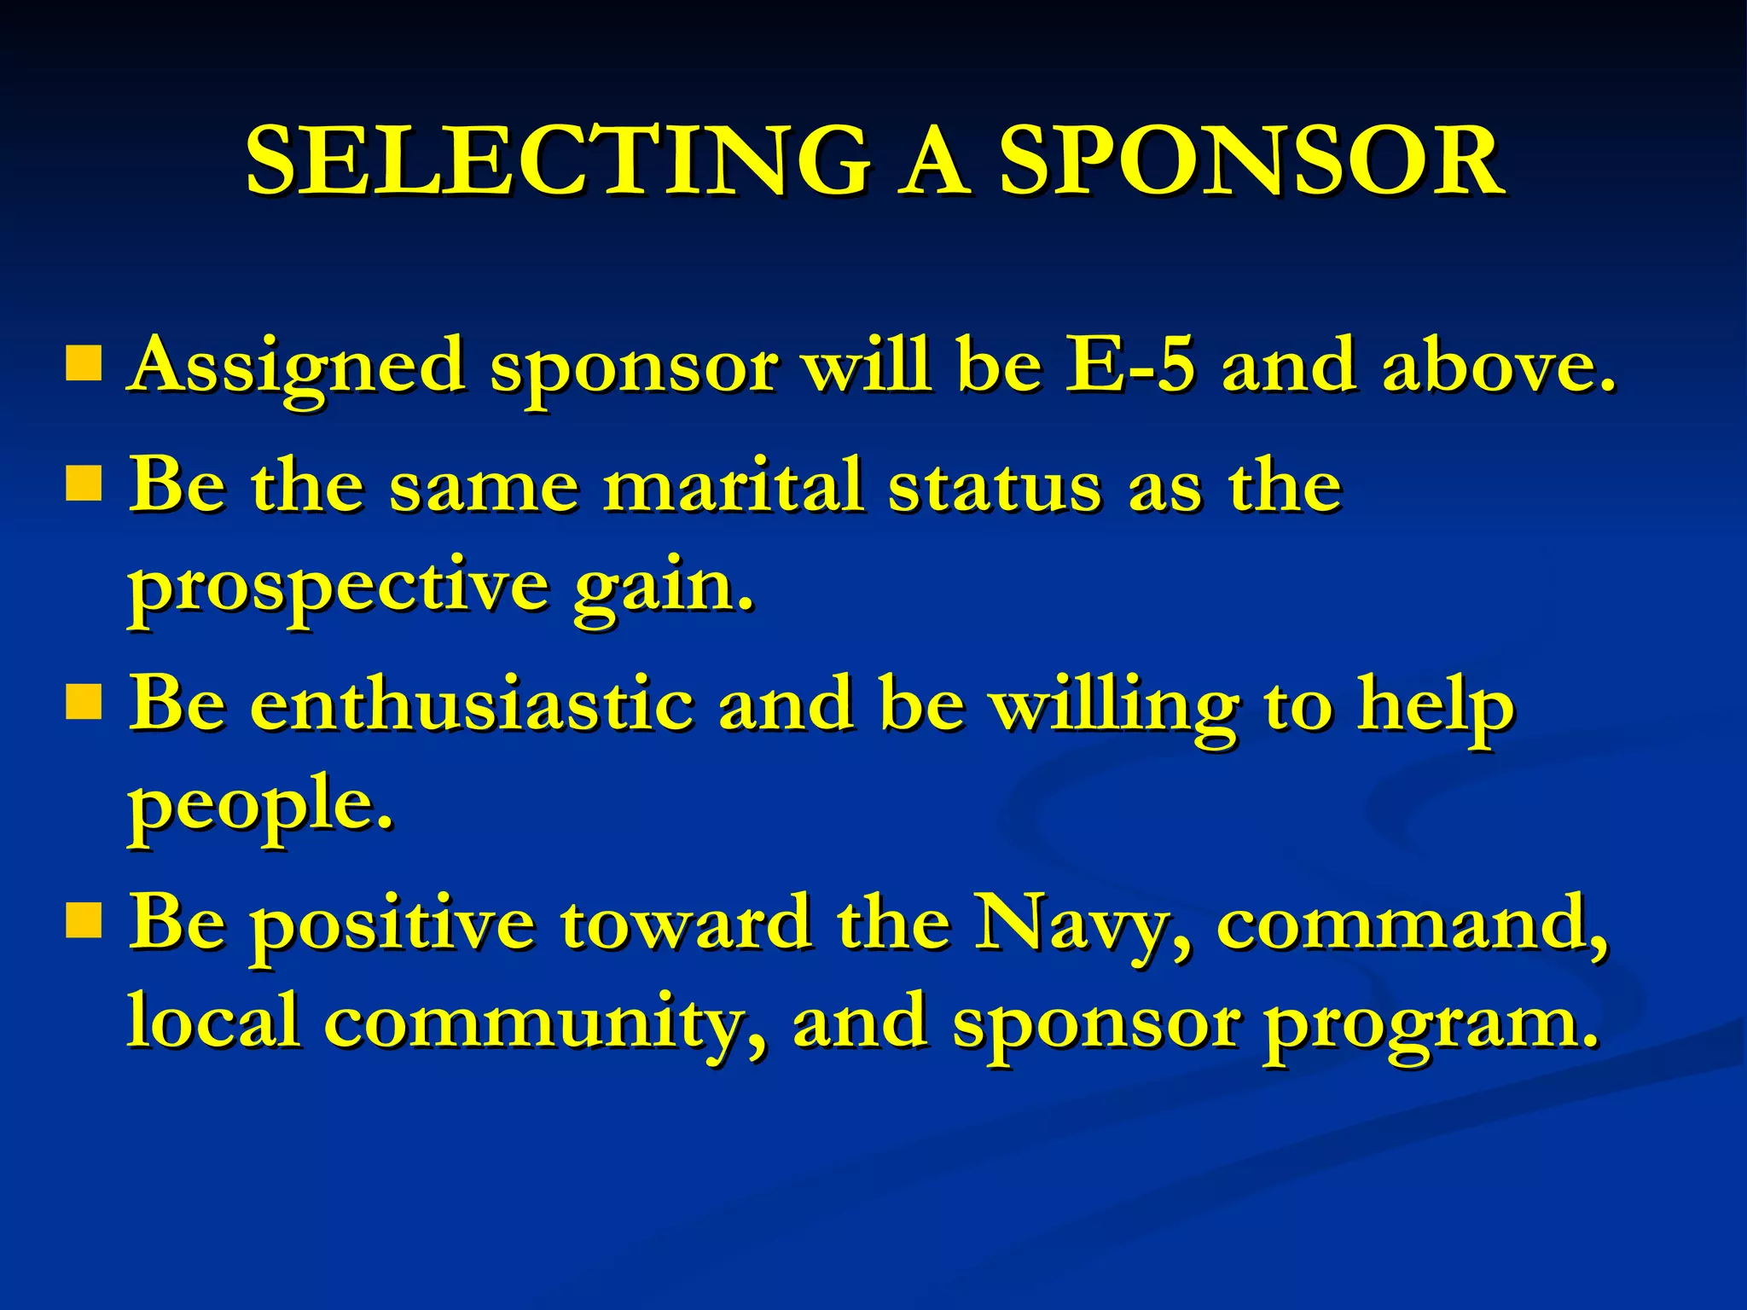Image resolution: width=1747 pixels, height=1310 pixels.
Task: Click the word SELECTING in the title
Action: [559, 162]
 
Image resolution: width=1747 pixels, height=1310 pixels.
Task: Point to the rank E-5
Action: [1130, 365]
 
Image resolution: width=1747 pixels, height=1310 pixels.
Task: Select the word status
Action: [994, 486]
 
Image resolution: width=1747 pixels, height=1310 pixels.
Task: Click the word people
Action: [260, 806]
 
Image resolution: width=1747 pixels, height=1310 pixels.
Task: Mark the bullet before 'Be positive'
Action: [83, 921]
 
